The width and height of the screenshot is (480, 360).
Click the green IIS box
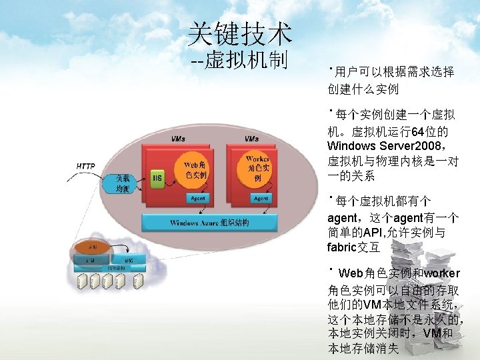click(x=157, y=177)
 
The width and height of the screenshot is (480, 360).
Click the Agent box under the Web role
click(x=197, y=198)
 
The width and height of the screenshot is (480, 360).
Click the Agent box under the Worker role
click(x=261, y=198)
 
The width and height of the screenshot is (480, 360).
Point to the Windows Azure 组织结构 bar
click(x=209, y=223)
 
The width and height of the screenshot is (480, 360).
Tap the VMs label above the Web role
click(x=178, y=139)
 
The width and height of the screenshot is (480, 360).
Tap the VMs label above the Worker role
click(x=251, y=139)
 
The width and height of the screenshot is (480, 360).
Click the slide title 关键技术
click(x=239, y=31)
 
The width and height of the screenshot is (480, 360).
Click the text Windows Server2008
click(x=379, y=145)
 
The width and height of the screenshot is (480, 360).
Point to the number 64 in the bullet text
click(x=418, y=131)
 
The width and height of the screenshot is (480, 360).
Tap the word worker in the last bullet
click(x=441, y=273)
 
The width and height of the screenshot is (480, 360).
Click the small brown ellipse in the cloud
click(x=93, y=247)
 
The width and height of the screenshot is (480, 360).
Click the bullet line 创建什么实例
click(x=363, y=88)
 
